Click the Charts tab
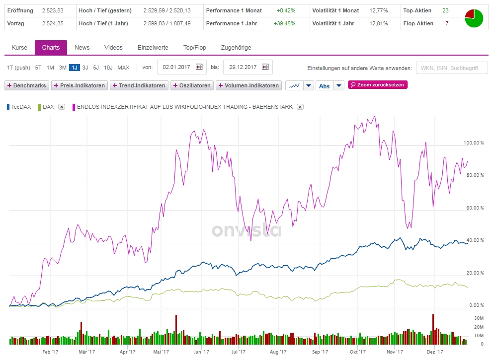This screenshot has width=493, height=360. click(x=51, y=48)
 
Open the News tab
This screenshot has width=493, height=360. click(x=82, y=48)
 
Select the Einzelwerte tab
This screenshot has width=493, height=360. click(x=153, y=48)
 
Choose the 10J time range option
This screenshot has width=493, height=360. click(x=108, y=68)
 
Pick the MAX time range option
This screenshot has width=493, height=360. click(x=123, y=68)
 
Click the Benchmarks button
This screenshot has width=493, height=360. click(x=27, y=85)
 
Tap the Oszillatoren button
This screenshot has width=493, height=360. click(x=191, y=85)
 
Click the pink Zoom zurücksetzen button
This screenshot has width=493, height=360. click(x=378, y=85)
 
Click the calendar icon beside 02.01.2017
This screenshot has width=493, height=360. click(x=199, y=67)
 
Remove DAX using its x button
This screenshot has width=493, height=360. click(x=61, y=107)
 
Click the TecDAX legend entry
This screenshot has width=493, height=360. click(x=21, y=107)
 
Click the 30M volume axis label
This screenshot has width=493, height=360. click(x=479, y=318)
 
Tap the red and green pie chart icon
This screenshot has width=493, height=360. click(x=474, y=18)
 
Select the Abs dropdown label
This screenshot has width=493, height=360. click(x=324, y=86)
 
